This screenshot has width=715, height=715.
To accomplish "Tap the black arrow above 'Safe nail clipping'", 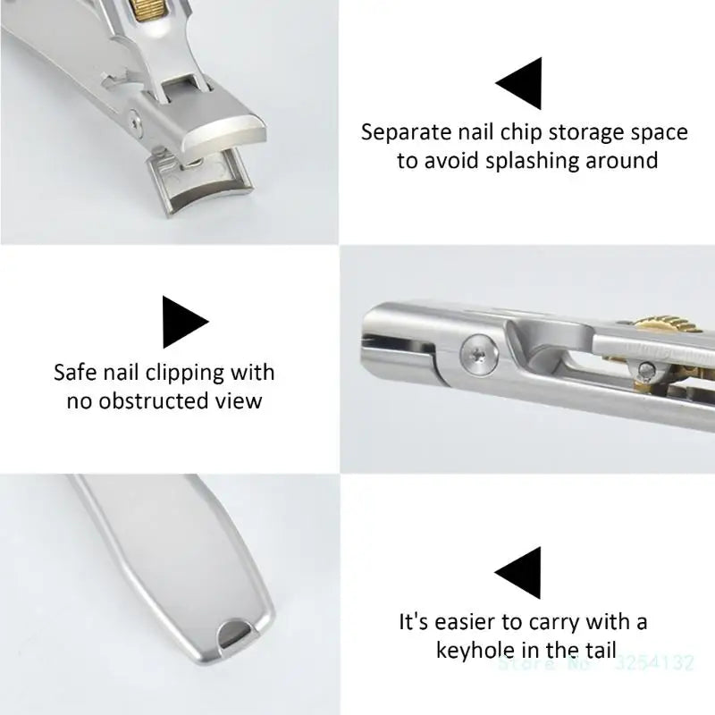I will pos(183,321).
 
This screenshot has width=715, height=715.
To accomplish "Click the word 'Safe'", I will pos(74,371).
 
